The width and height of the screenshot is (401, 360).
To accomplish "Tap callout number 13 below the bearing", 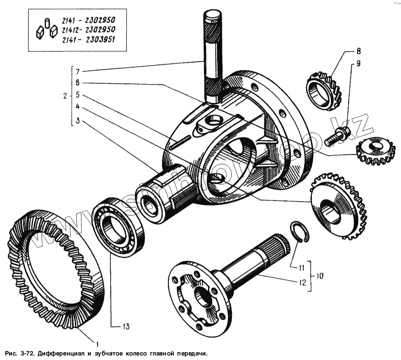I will (125, 327).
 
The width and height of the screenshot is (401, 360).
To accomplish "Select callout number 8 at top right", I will (358, 51).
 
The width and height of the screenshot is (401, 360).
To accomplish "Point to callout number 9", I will (358, 64).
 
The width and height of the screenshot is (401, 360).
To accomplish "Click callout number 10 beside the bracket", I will (319, 276).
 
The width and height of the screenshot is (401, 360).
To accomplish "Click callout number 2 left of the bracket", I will (65, 96).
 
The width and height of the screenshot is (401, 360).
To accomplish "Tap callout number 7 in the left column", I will (77, 71).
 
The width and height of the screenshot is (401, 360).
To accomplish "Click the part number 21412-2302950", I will (88, 30).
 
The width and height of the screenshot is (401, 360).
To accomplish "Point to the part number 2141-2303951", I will (88, 40).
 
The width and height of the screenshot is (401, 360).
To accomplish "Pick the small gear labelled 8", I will (324, 91).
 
